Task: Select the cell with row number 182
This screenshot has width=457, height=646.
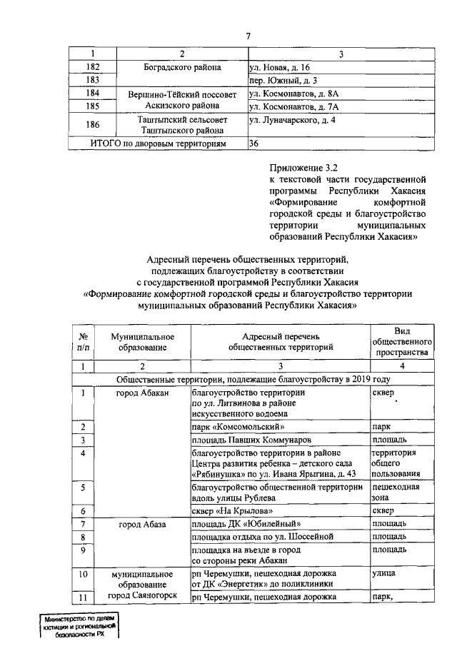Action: pyautogui.click(x=91, y=67)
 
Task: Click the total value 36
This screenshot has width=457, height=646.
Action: pyautogui.click(x=253, y=143)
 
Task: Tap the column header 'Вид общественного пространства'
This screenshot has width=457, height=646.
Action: pyautogui.click(x=400, y=341)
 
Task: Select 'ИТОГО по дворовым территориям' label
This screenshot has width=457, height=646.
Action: pyautogui.click(x=158, y=143)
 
